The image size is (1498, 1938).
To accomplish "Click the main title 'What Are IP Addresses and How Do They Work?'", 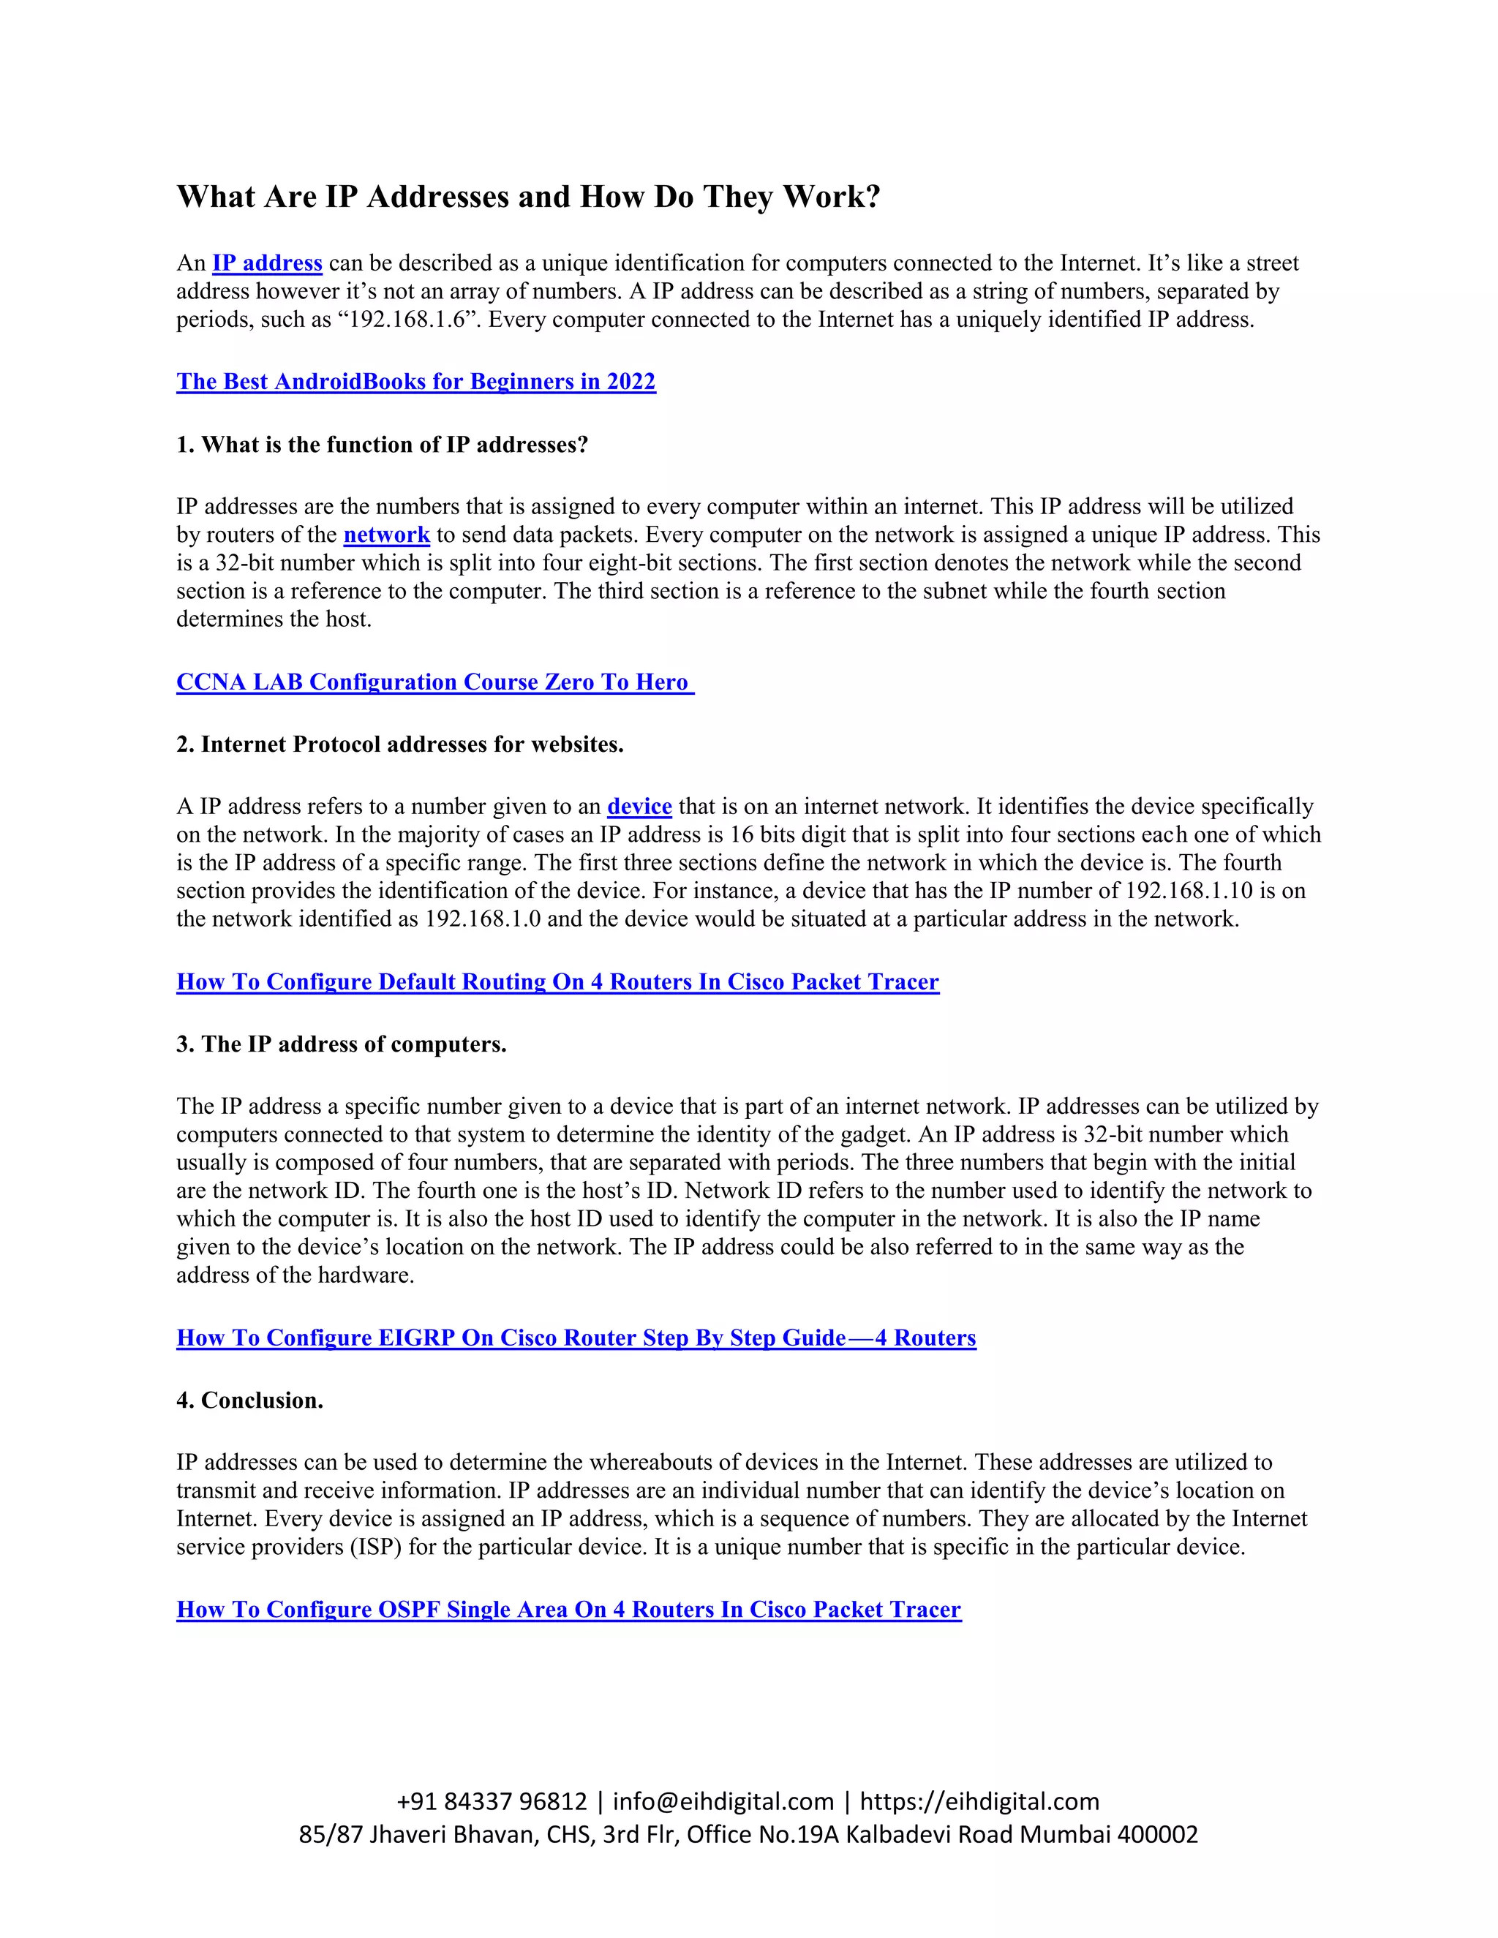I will pos(528,196).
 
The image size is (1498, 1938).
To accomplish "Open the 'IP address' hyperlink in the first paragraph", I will pos(267,263).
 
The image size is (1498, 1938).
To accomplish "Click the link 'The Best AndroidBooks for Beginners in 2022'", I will pos(415,382).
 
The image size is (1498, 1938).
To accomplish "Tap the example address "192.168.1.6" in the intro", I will pos(407,320).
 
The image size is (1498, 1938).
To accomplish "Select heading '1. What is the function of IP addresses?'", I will pos(382,445).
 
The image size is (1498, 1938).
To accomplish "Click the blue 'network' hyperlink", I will pos(386,535).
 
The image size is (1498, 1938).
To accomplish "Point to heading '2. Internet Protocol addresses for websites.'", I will pos(399,744).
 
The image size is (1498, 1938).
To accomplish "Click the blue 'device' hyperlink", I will pos(639,807).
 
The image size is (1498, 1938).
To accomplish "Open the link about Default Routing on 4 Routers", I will pos(557,982).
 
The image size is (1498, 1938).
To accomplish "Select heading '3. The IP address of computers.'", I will pos(341,1044).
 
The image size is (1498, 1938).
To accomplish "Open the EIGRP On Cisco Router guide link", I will pos(576,1338).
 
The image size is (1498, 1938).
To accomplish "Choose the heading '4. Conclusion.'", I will pos(249,1400).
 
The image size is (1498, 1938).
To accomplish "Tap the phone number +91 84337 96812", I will pos(492,1801).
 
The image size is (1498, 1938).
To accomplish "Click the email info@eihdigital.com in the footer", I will pos(723,1801).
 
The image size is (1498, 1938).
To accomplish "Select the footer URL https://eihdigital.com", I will pos(979,1801).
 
